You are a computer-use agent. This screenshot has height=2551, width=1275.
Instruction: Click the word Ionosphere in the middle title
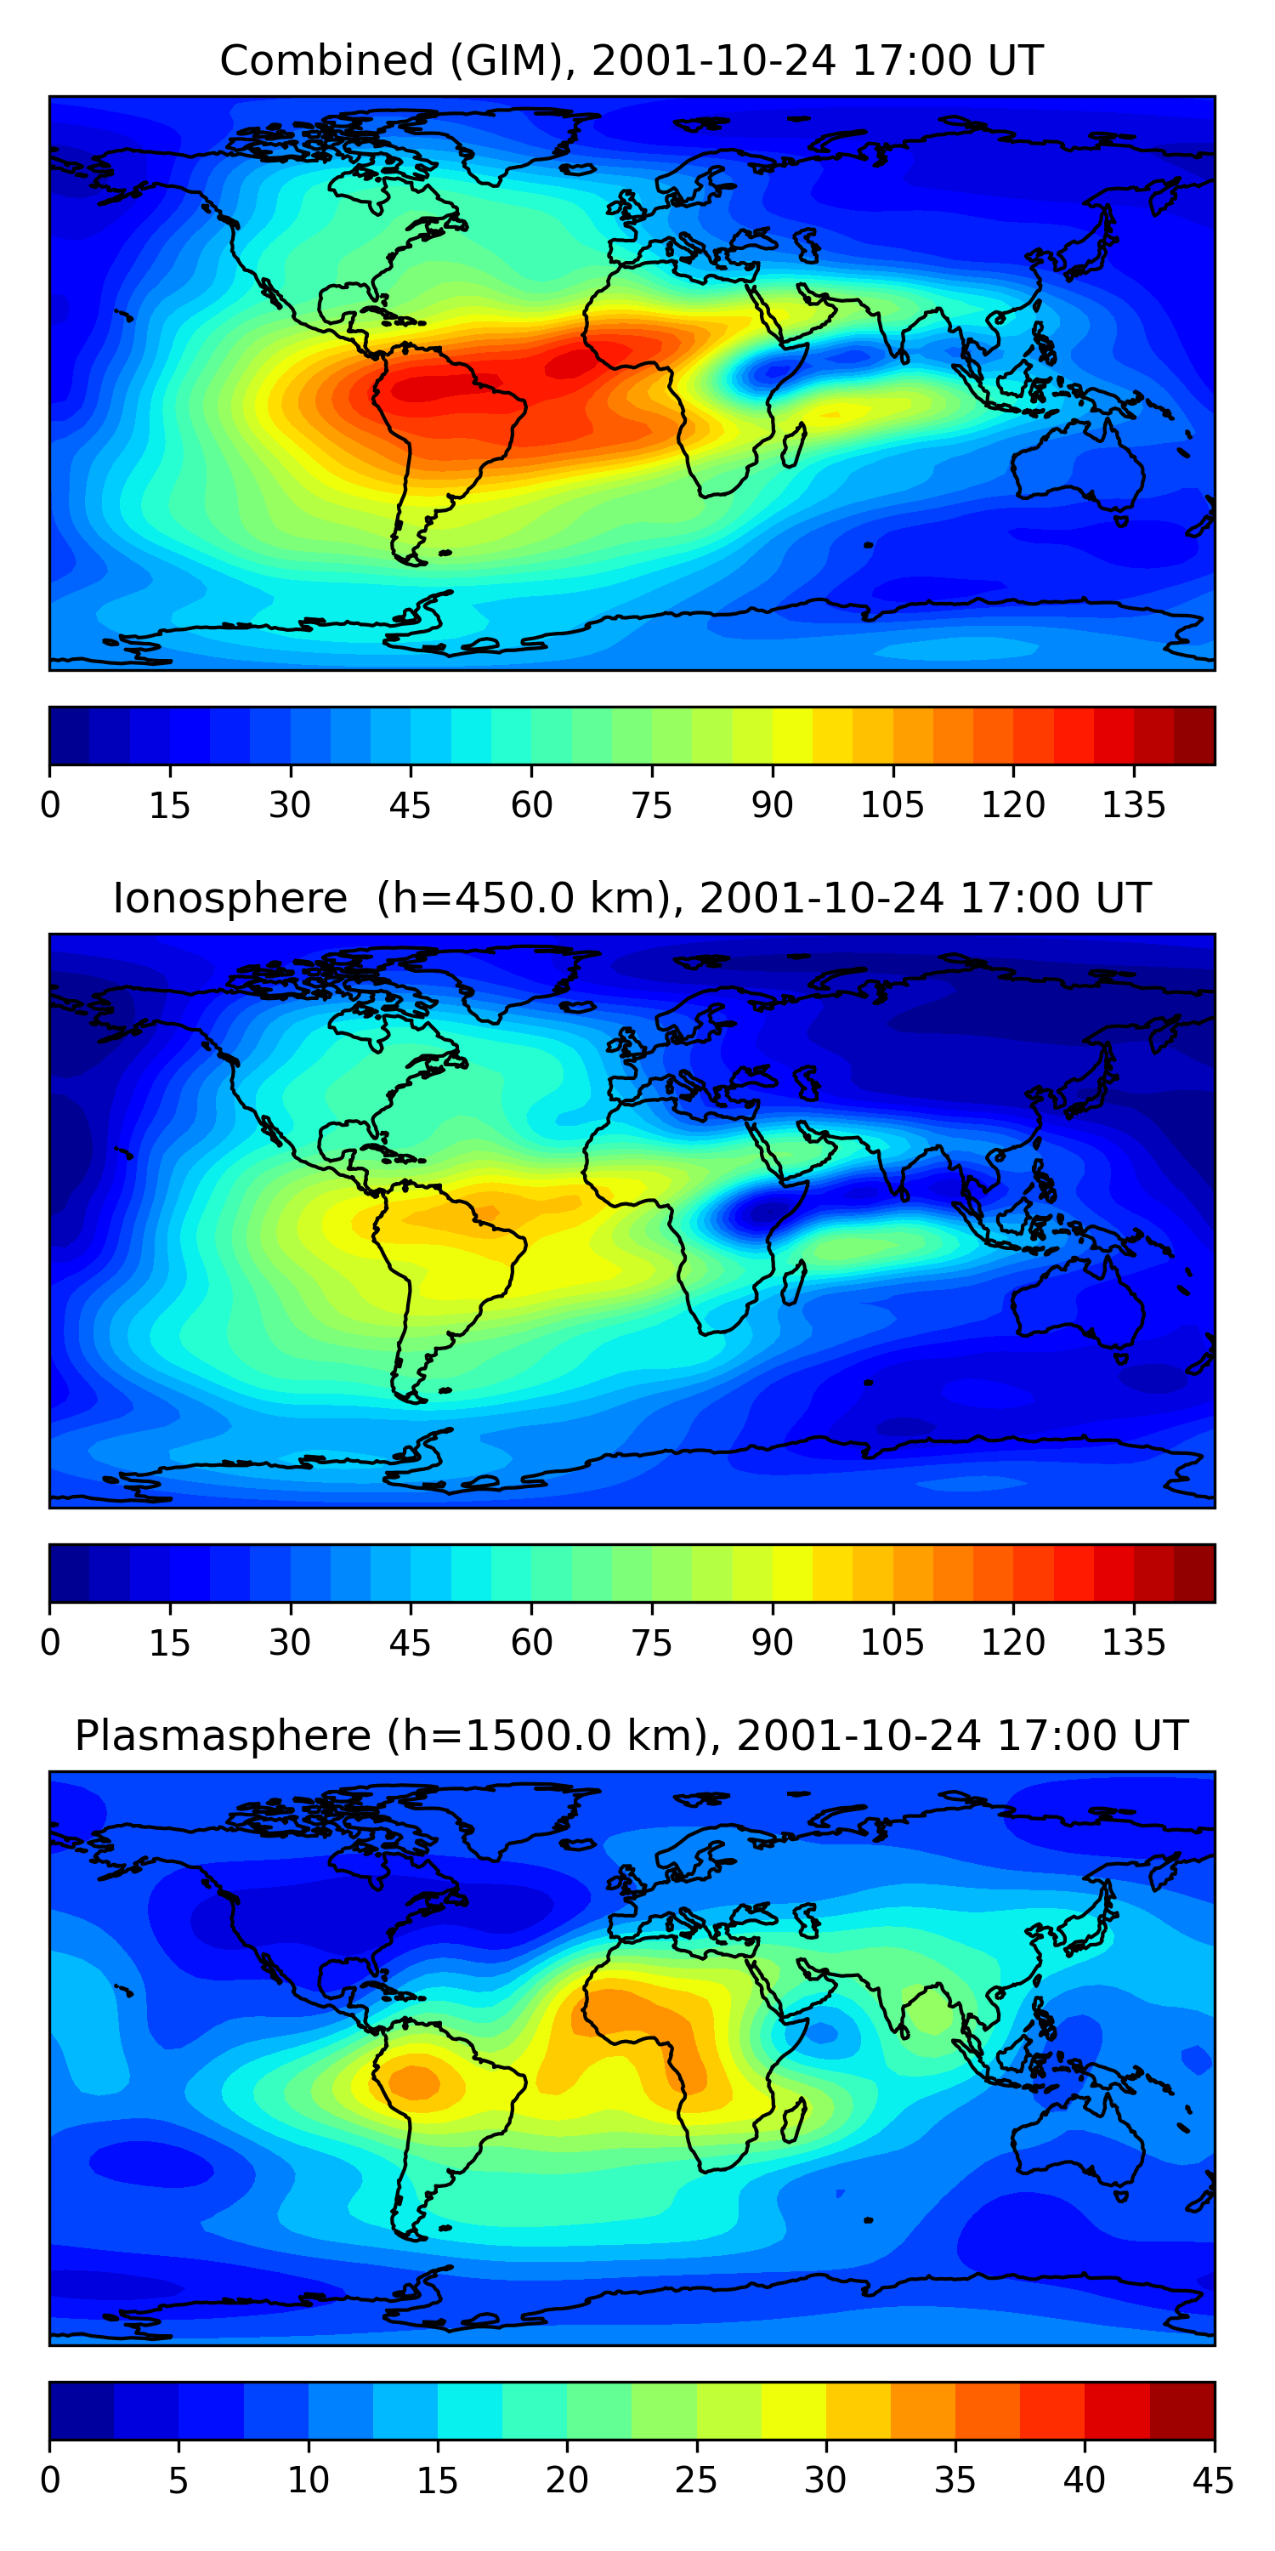point(229,899)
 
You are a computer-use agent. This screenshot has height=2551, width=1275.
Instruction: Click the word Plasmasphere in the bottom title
point(223,1736)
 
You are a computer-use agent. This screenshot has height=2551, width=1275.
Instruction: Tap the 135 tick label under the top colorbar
point(1133,805)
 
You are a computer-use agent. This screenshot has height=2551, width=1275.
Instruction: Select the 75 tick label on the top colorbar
point(651,805)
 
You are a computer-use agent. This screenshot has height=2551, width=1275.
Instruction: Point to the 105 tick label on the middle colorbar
point(892,1643)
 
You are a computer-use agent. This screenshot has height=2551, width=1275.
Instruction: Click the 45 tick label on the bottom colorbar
point(1213,2480)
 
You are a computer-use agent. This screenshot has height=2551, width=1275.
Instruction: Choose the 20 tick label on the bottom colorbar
point(566,2480)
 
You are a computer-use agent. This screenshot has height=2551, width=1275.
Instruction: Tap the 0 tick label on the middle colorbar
point(50,1643)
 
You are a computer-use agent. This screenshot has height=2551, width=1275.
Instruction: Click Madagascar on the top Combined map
point(793,445)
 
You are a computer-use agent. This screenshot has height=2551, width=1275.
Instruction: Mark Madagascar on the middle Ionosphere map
point(793,1282)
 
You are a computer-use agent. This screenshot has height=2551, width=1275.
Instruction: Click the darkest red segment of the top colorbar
point(1194,736)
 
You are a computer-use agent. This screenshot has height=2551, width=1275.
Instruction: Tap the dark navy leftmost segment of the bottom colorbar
point(81,2411)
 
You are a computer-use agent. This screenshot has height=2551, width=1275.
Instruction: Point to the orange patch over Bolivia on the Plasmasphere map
point(416,2082)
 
